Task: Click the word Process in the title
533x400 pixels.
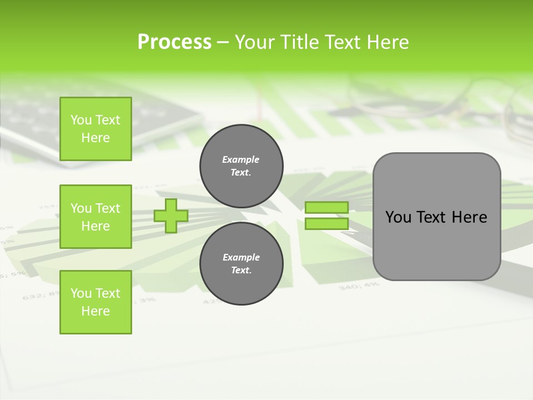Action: coord(174,42)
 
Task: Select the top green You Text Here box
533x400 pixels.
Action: coord(95,129)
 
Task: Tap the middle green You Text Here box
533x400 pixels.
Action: coord(95,217)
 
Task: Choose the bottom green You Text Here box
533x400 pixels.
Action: coord(95,302)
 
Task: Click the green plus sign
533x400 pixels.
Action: coord(170,216)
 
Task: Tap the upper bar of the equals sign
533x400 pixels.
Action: coord(326,207)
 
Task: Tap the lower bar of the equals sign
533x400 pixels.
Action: coord(326,224)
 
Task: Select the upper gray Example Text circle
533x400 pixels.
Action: coord(241,166)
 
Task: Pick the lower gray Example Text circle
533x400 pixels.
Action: coord(241,264)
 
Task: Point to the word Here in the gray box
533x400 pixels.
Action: coord(469,217)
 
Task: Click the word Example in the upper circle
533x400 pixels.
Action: coord(240,159)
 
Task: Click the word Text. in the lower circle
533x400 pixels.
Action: coord(241,271)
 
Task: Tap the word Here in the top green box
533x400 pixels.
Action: coord(95,138)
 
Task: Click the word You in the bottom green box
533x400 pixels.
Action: coord(81,293)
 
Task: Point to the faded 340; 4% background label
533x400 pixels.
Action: coord(350,287)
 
